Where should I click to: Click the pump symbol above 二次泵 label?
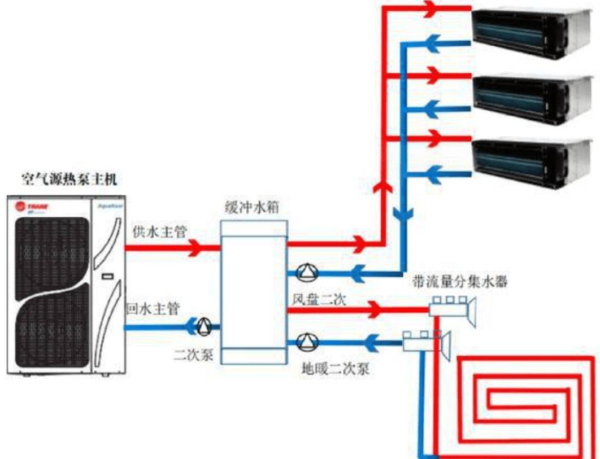tap(203, 326)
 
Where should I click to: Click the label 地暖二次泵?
tap(335, 370)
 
